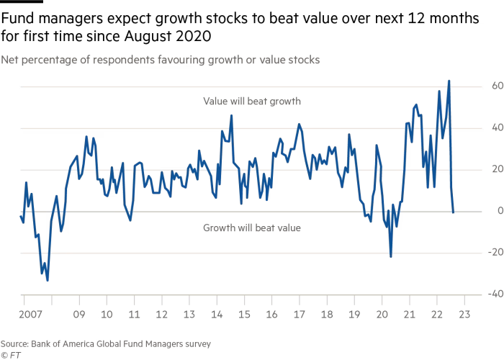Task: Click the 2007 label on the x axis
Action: pyautogui.click(x=32, y=315)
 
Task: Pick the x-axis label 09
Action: pyautogui.click(x=79, y=315)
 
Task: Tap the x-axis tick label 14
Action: pyautogui.click(x=217, y=315)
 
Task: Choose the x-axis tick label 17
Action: pyautogui.click(x=299, y=315)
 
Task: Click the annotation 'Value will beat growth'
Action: pyautogui.click(x=251, y=102)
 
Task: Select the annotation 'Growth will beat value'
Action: pyautogui.click(x=251, y=228)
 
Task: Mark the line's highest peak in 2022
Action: pyautogui.click(x=449, y=81)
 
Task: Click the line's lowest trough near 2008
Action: pyautogui.click(x=48, y=280)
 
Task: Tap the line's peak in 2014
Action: pyautogui.click(x=232, y=115)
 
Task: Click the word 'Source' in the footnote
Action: pyautogui.click(x=17, y=344)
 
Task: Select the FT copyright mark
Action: pyautogui.click(x=9, y=355)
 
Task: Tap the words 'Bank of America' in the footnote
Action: pyautogui.click(x=66, y=344)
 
